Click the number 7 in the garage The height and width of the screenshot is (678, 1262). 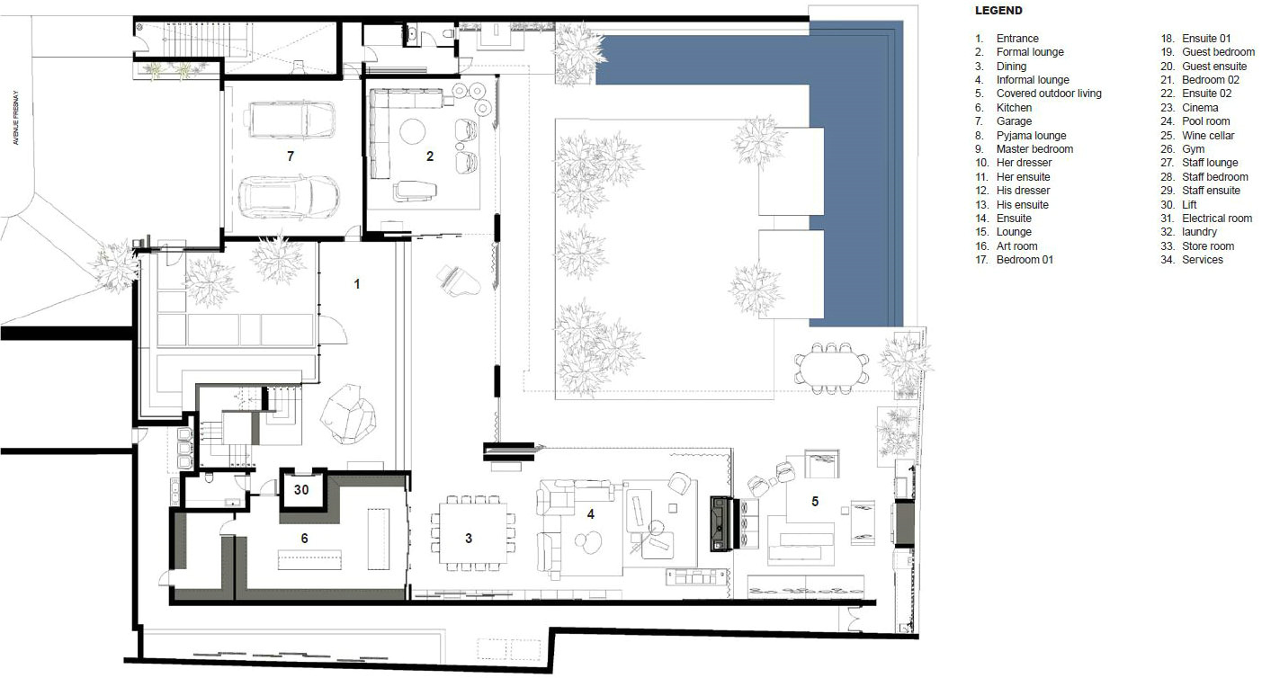tap(291, 156)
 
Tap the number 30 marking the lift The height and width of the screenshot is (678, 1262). tap(301, 490)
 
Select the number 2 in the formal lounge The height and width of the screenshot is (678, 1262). tap(430, 156)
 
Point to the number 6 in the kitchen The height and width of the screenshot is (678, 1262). tap(304, 539)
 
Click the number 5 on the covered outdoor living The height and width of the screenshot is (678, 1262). tap(815, 501)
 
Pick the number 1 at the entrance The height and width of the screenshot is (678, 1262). tap(356, 284)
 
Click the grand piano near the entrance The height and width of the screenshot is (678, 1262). tap(459, 281)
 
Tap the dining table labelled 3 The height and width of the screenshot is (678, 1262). tap(472, 533)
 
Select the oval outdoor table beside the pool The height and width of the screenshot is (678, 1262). tap(831, 368)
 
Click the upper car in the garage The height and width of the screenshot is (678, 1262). tap(289, 119)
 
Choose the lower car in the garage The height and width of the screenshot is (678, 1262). tap(289, 198)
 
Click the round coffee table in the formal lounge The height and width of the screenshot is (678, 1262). tap(412, 132)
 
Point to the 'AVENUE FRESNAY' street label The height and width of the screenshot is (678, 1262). tap(16, 118)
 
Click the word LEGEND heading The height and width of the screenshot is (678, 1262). tap(998, 10)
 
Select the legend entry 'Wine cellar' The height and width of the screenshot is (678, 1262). tap(1208, 135)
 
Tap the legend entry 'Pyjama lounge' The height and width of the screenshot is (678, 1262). tap(1031, 135)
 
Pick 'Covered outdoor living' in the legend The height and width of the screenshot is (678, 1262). tap(1049, 93)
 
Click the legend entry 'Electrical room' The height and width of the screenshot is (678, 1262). tap(1217, 218)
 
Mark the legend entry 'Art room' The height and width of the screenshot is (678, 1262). tap(1016, 245)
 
